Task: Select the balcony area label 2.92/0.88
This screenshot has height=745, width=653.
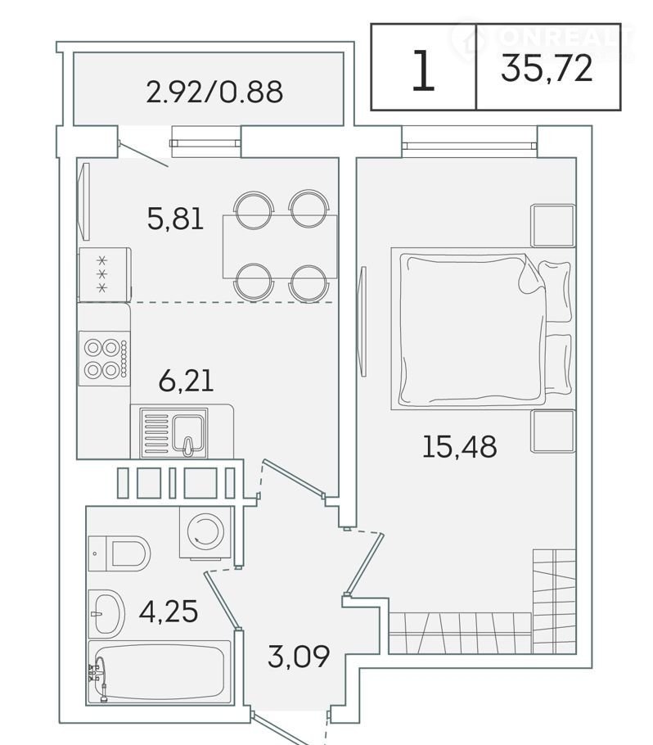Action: (214, 92)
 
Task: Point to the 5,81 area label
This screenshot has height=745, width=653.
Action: (175, 219)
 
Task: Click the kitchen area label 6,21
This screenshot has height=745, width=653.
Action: (187, 381)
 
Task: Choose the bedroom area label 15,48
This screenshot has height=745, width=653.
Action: (459, 447)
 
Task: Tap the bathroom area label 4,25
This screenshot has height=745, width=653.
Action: (169, 611)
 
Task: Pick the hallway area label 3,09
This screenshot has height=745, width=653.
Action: (299, 656)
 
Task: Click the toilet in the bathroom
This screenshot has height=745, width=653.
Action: (119, 553)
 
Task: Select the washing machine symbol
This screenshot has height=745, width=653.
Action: (205, 532)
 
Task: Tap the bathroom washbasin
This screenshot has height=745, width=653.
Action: (106, 614)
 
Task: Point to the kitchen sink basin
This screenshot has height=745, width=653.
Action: (190, 433)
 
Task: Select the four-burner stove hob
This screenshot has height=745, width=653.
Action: (105, 359)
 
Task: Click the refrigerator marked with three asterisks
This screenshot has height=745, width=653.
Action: (105, 274)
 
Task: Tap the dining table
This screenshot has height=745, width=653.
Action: (280, 246)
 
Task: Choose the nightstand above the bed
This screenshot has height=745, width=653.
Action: (553, 226)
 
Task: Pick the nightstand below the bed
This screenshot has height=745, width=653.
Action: (553, 431)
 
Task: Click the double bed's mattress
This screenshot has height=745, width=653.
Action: (473, 329)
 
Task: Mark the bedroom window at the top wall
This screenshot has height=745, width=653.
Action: (469, 142)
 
